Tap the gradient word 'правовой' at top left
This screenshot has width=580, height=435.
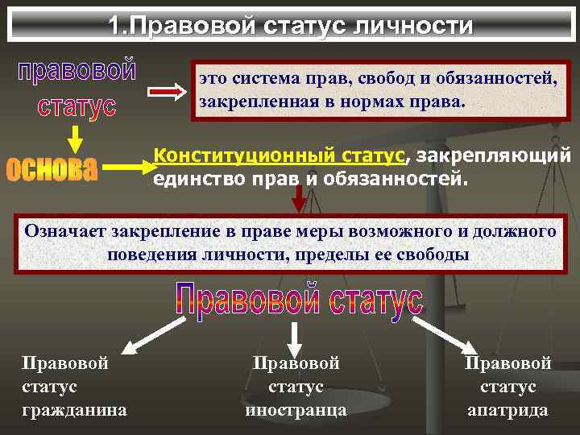(x=77, y=71)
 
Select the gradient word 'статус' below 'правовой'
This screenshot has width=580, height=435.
(x=77, y=106)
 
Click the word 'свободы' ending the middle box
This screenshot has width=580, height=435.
(x=436, y=254)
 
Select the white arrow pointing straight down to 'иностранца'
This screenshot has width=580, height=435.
(x=296, y=335)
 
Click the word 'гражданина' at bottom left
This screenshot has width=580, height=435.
(x=74, y=410)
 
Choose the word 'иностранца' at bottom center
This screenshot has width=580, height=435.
(x=296, y=410)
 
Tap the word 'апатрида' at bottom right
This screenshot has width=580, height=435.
(x=507, y=410)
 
